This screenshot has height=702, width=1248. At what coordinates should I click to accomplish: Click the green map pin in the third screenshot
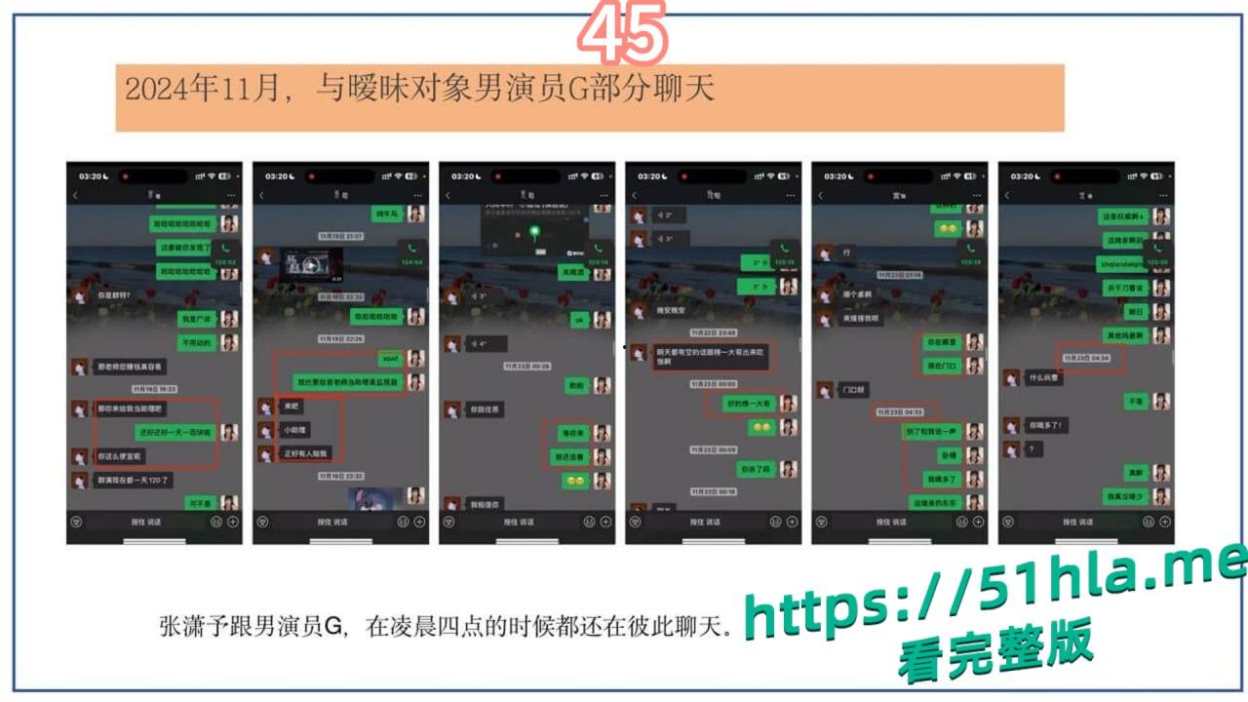tap(534, 232)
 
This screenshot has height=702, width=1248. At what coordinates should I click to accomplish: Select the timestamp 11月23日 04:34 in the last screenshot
tap(1091, 358)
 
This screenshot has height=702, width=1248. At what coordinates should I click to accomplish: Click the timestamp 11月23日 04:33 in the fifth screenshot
tap(904, 411)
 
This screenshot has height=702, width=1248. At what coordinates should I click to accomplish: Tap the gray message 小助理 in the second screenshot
tap(294, 429)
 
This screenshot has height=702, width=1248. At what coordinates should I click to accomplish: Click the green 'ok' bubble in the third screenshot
tap(577, 319)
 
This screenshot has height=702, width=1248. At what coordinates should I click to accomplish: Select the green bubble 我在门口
tap(941, 366)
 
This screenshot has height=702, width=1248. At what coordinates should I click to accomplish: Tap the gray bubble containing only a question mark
tap(1033, 449)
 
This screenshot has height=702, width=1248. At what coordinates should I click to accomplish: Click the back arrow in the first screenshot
tap(76, 196)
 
